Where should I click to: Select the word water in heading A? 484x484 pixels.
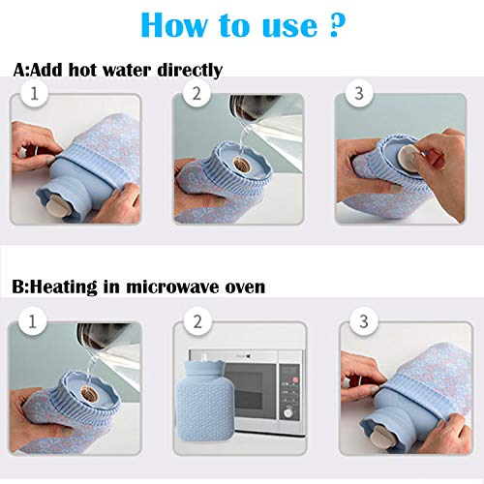[118, 71]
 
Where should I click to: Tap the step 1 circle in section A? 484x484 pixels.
[36, 95]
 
